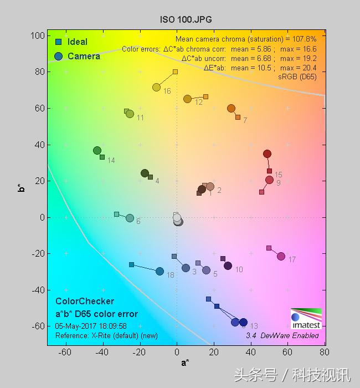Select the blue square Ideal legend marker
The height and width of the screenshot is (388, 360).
[58, 42]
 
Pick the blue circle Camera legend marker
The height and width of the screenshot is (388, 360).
[58, 56]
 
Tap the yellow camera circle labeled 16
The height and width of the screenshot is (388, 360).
[156, 87]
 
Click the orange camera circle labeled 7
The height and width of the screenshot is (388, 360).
[231, 109]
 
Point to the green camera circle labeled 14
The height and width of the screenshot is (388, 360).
[97, 150]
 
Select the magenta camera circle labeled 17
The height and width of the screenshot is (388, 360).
[281, 256]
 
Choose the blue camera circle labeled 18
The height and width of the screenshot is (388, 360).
[160, 271]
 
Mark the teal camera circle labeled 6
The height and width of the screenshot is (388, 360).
[130, 218]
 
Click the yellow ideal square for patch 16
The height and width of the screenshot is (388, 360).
[175, 72]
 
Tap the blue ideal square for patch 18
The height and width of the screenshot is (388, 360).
[131, 264]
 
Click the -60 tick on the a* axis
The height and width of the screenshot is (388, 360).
[66, 352]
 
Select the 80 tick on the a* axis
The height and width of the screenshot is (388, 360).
[324, 352]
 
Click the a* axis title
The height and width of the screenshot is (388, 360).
[185, 363]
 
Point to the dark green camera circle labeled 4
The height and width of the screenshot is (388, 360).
[145, 173]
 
